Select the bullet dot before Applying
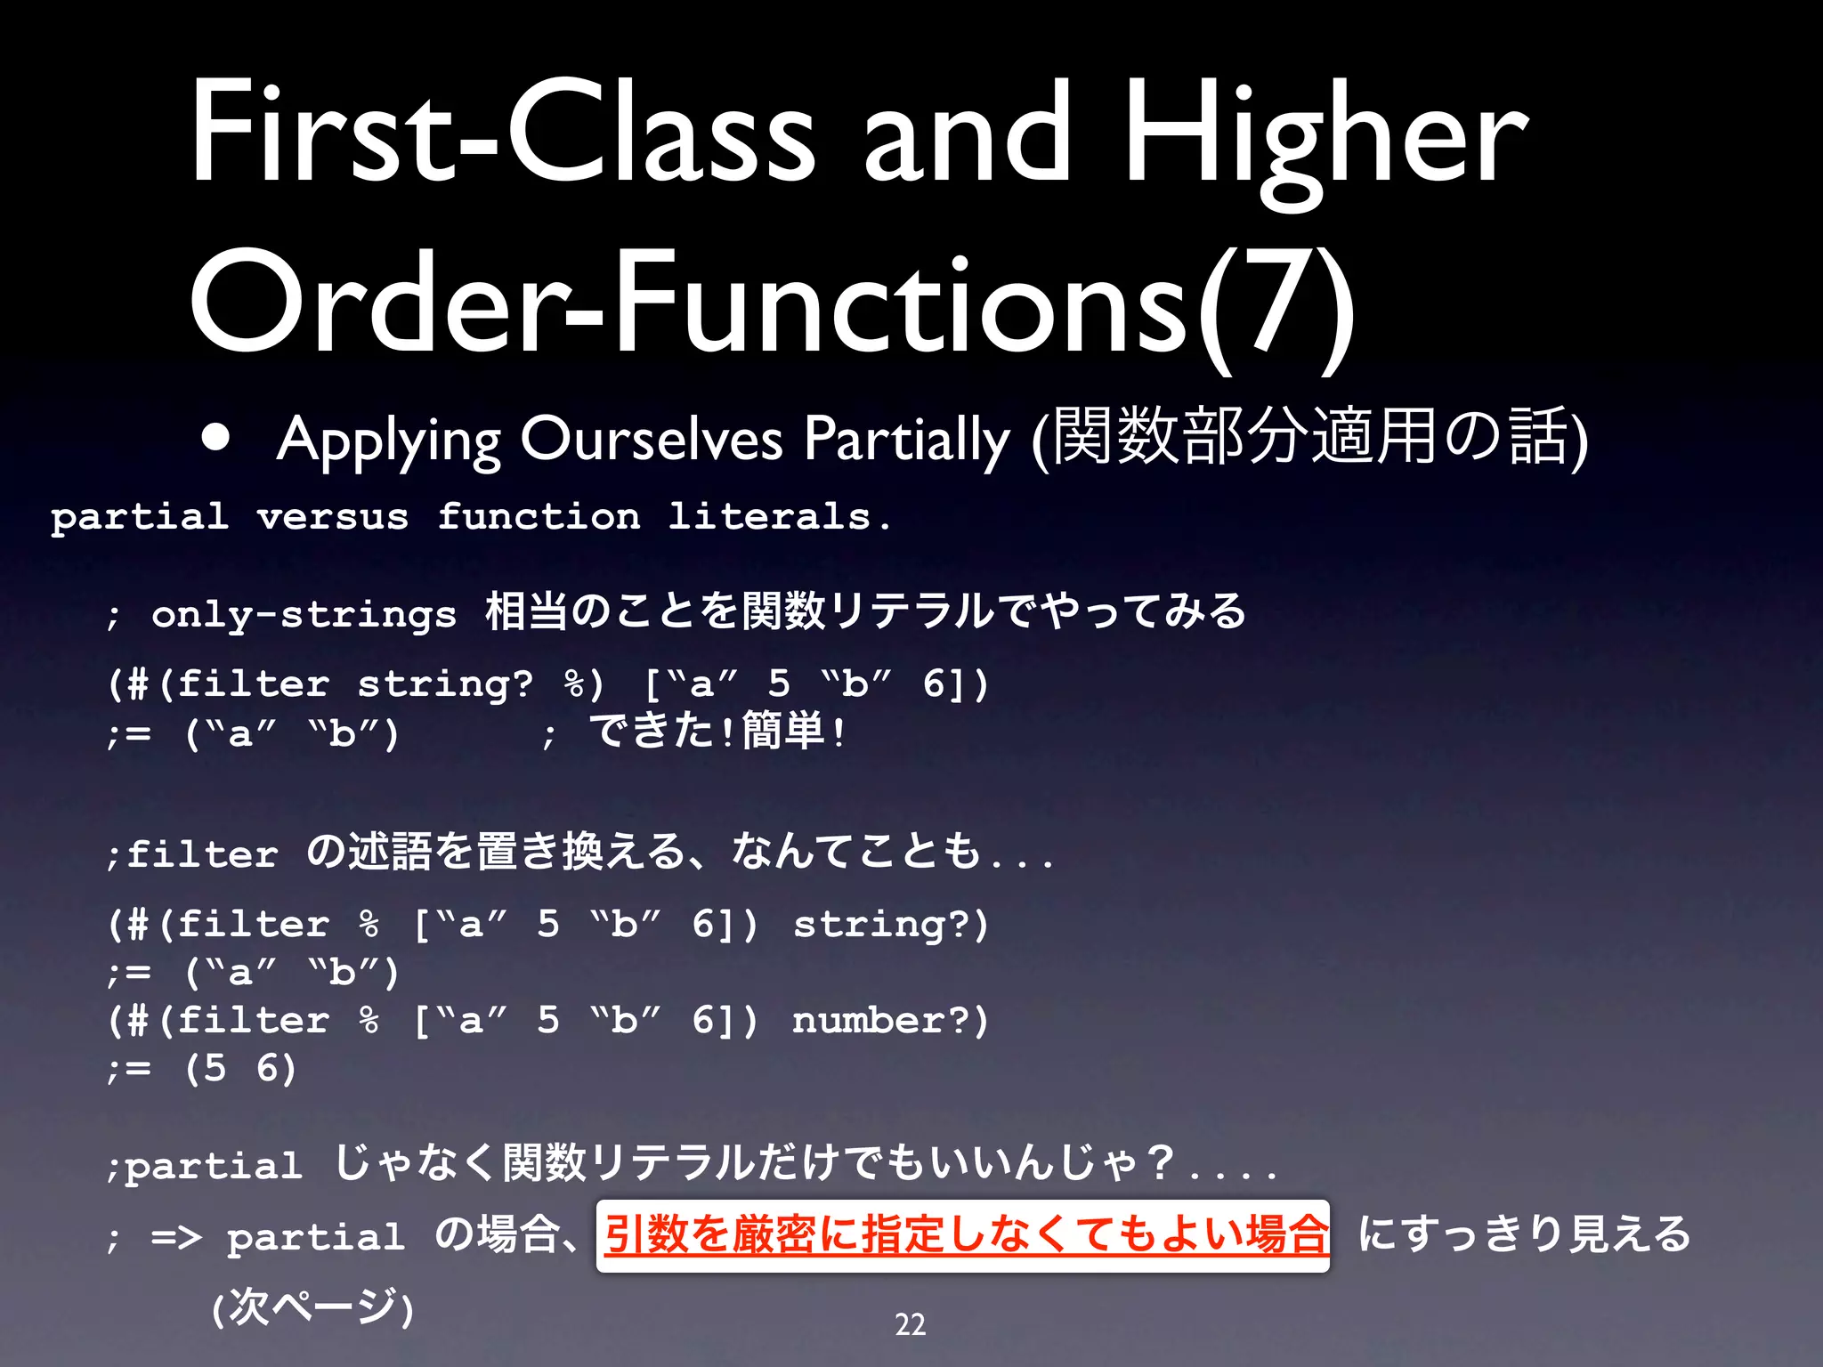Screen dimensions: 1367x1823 (216, 437)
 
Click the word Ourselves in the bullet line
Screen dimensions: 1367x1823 (651, 438)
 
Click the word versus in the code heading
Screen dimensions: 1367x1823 (332, 517)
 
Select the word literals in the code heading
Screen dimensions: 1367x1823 (769, 517)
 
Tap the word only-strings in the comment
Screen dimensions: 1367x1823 (304, 615)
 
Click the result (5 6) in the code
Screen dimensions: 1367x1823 (240, 1068)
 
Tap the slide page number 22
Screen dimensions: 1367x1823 (910, 1324)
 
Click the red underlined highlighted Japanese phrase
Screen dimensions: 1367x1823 (963, 1235)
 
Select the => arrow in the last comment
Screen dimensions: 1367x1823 (176, 1237)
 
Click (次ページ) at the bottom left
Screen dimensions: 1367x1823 (312, 1306)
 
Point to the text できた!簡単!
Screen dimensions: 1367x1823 (717, 732)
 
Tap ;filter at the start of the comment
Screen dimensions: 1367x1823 (192, 854)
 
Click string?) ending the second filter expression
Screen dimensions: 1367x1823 (890, 924)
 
